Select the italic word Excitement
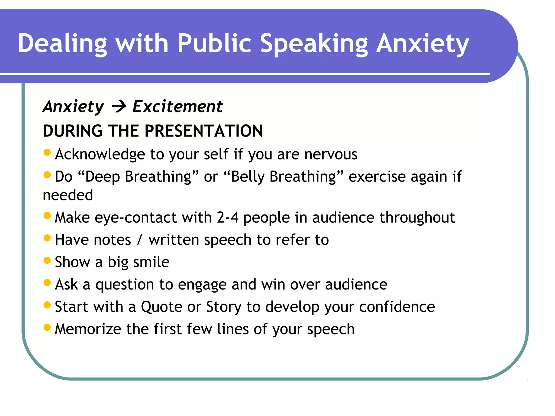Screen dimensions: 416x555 coord(178,106)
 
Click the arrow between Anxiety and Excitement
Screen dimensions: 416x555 coord(119,106)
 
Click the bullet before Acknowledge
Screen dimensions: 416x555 coord(47,152)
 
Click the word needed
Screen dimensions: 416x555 coord(68,195)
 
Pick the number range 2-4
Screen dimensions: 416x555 coord(227,217)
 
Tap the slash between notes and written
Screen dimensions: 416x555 coord(140,240)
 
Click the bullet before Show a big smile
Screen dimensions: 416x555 coord(47,260)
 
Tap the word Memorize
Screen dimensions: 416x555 coord(88,329)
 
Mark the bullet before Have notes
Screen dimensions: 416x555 coord(47,238)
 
